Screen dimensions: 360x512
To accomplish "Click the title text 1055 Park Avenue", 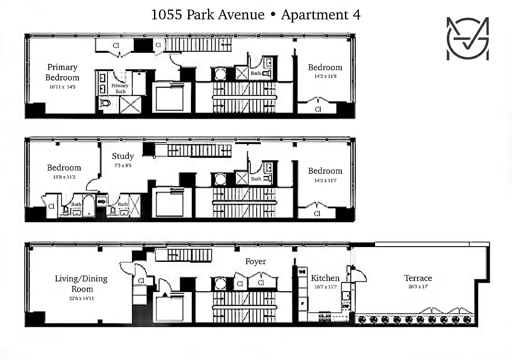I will [208, 15].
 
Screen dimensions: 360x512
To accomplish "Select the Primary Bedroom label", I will [62, 72].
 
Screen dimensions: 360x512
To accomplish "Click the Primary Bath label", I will [120, 88].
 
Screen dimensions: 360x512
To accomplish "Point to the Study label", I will [123, 156].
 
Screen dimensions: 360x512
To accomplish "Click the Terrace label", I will [418, 278].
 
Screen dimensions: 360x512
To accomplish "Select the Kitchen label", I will [325, 278].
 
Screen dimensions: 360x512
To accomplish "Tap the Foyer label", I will [255, 261].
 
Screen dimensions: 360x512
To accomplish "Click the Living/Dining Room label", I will [81, 283].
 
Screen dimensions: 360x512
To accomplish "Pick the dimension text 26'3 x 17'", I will [418, 287].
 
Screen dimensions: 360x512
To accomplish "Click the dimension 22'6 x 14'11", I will [82, 297].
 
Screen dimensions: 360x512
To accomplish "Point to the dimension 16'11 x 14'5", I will [62, 86].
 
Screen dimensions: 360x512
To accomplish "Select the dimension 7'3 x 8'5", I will [123, 165].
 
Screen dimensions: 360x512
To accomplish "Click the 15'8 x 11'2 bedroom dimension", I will [64, 177].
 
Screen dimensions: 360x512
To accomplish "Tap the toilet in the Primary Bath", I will [105, 103].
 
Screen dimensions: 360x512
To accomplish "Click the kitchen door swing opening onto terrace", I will [359, 275].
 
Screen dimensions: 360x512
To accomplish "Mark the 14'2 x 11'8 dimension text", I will [325, 76].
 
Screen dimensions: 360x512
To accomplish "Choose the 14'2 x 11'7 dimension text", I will [325, 180].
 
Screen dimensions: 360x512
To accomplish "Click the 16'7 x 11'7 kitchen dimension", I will [325, 287].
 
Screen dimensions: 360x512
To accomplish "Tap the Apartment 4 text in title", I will [321, 15].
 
